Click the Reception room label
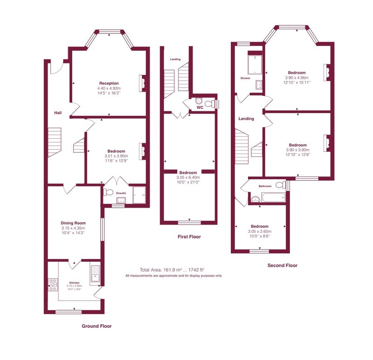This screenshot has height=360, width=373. click(109, 83)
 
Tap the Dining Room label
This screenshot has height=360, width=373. click(73, 223)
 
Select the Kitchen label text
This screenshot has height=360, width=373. click(75, 283)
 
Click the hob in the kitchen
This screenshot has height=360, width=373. click(53, 285)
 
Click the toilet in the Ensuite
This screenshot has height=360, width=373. click(108, 192)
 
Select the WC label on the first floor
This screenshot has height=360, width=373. click(200, 108)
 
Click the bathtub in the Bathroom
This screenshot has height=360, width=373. click(273, 197)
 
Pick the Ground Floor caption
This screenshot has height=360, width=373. click(97, 326)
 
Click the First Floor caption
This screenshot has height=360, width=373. click(189, 237)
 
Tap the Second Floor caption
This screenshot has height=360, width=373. click(283, 265)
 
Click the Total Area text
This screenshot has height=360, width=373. click(172, 270)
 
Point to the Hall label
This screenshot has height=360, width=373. click(58, 113)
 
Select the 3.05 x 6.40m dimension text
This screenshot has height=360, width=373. click(188, 177)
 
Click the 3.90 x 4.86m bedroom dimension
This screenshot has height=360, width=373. click(297, 78)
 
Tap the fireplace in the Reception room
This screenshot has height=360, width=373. click(143, 83)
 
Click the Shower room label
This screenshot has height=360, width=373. click(245, 78)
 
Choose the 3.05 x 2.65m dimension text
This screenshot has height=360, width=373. click(260, 231)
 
